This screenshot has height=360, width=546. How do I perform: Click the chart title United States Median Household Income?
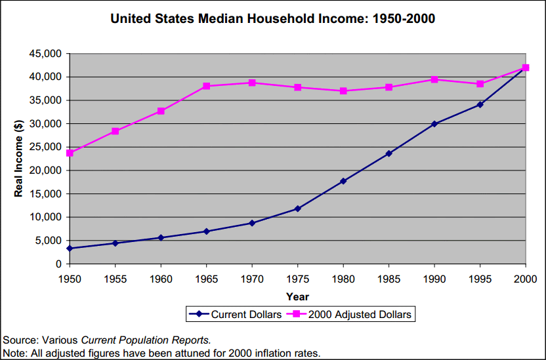pos(272,19)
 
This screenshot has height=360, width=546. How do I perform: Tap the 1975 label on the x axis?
pos(297,279)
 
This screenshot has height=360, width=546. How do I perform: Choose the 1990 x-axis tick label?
pos(434,279)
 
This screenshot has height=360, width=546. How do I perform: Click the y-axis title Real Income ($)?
pos(19,158)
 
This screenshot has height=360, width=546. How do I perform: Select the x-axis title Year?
pos(297,297)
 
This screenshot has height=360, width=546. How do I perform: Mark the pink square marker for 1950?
pos(70,153)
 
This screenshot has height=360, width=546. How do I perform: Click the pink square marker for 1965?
pos(206,86)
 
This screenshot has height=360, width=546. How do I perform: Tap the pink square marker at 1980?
pos(343,90)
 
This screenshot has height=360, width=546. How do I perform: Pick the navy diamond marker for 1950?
pos(70,249)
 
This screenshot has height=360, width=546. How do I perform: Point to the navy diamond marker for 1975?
pos(297,209)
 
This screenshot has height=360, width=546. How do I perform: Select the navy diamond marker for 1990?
pos(434,123)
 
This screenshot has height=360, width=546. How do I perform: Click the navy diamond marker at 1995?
pos(480,104)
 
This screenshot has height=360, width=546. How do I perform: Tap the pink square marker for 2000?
pos(526,68)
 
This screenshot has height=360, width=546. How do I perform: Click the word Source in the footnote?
pos(20,340)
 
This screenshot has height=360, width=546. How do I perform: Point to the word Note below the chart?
pos(14,353)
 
